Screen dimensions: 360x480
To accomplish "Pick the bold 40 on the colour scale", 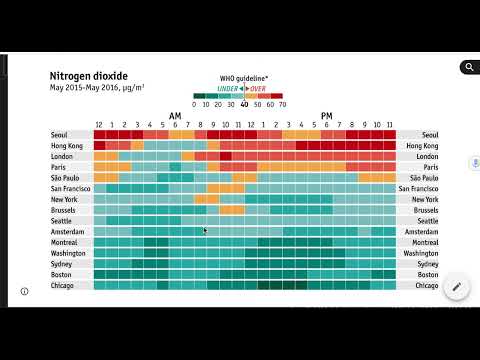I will point(245,103).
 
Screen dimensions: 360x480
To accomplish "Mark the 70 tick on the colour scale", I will point(281,103).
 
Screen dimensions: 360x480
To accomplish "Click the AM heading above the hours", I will point(175,115).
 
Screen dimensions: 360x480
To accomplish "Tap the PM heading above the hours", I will point(327,115).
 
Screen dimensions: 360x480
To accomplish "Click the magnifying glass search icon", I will point(467,67).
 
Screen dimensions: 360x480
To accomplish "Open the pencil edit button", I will point(456,287).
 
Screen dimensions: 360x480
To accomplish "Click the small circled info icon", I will point(24,291).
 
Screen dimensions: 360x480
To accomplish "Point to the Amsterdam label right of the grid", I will point(421,231).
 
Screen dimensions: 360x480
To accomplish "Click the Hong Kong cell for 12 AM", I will point(100,146).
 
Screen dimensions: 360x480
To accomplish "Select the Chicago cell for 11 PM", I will point(390,285).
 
